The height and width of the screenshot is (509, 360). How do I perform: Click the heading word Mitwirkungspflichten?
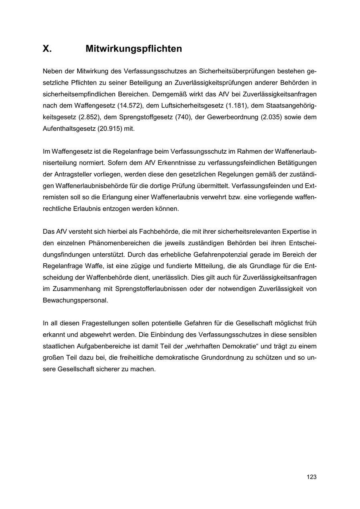pyautogui.click(x=134, y=49)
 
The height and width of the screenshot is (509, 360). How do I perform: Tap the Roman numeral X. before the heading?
pyautogui.click(x=47, y=49)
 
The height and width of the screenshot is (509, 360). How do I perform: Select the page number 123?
pyautogui.click(x=312, y=477)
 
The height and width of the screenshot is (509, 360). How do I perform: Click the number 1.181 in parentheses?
pyautogui.click(x=235, y=106)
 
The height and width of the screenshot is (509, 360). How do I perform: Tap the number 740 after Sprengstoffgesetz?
pyautogui.click(x=182, y=117)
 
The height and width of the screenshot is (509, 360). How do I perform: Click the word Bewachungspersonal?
pyautogui.click(x=75, y=300)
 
